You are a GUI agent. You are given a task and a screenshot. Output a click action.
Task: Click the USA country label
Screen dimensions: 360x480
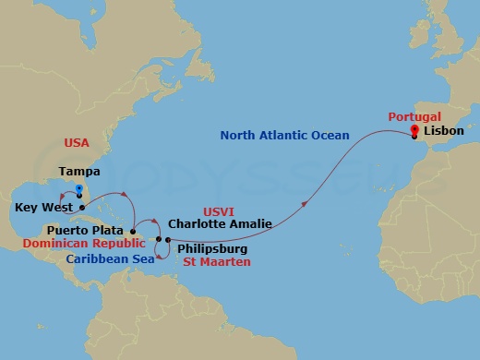(76, 142)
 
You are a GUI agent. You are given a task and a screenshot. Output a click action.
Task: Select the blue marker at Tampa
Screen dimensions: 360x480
(80, 190)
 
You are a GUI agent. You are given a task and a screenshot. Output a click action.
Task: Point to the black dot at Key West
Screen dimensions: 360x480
(82, 208)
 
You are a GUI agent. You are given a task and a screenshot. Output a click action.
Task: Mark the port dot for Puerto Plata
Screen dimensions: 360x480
(134, 231)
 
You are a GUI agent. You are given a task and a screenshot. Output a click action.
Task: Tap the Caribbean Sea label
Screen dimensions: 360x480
(108, 259)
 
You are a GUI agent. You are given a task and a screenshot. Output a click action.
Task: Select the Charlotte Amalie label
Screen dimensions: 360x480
(217, 222)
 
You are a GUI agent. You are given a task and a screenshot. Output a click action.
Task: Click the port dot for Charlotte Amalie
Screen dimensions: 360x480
(159, 240)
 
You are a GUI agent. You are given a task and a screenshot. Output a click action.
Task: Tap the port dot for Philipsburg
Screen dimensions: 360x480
(167, 241)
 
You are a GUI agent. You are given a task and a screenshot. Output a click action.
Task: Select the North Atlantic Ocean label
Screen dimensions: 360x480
(283, 136)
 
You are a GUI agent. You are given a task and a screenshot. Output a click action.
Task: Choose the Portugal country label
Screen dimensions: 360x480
(414, 117)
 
